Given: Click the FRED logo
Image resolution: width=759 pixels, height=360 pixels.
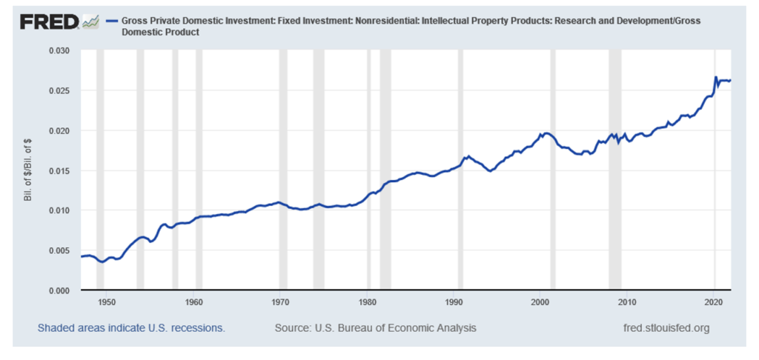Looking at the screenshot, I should pyautogui.click(x=49, y=22).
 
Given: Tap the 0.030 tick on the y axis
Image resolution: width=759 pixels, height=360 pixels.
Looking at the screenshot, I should pyautogui.click(x=59, y=51).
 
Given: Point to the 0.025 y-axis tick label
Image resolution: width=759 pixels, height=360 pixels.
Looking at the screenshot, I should pyautogui.click(x=59, y=91).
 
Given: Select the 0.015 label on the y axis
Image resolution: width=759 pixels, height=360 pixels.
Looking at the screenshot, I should pyautogui.click(x=59, y=171).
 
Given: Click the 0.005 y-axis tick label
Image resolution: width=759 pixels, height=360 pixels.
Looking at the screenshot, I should pyautogui.click(x=59, y=251).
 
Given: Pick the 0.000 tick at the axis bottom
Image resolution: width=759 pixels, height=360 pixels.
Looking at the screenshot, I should pyautogui.click(x=59, y=290).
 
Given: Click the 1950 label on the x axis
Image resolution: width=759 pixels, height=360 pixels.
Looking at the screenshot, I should pyautogui.click(x=107, y=302).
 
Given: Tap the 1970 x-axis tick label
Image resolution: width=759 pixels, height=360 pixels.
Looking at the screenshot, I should pyautogui.click(x=279, y=302).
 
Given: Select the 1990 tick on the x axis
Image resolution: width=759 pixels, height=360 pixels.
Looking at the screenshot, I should pyautogui.click(x=454, y=302).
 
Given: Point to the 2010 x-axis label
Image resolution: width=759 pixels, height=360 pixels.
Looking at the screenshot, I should pyautogui.click(x=627, y=302).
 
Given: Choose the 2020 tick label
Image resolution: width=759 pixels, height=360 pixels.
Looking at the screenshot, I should pyautogui.click(x=714, y=302).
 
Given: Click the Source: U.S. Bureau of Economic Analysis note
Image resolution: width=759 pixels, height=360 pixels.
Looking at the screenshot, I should pyautogui.click(x=375, y=327).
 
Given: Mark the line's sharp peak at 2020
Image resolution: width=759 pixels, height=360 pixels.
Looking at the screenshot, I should pyautogui.click(x=715, y=77).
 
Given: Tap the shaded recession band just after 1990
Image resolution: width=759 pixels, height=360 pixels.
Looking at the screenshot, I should pyautogui.click(x=460, y=170).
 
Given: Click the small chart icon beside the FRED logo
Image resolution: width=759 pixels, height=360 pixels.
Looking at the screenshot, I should pyautogui.click(x=90, y=22).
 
